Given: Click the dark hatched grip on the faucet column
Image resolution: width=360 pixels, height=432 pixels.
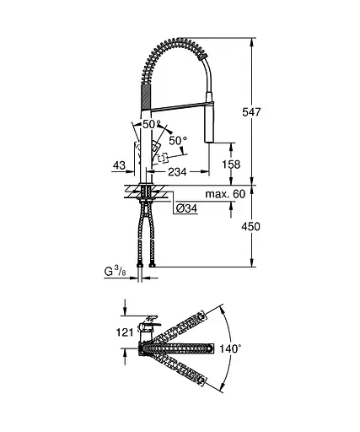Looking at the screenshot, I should coord(144,94).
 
